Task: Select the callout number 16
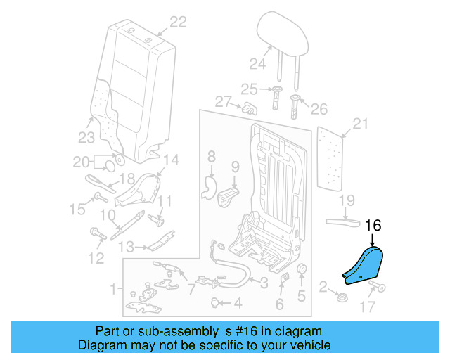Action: pos(373,226)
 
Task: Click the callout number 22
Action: pos(178,22)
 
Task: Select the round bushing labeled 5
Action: pos(302,272)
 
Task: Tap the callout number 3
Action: pos(264,283)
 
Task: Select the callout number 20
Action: pos(82,162)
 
